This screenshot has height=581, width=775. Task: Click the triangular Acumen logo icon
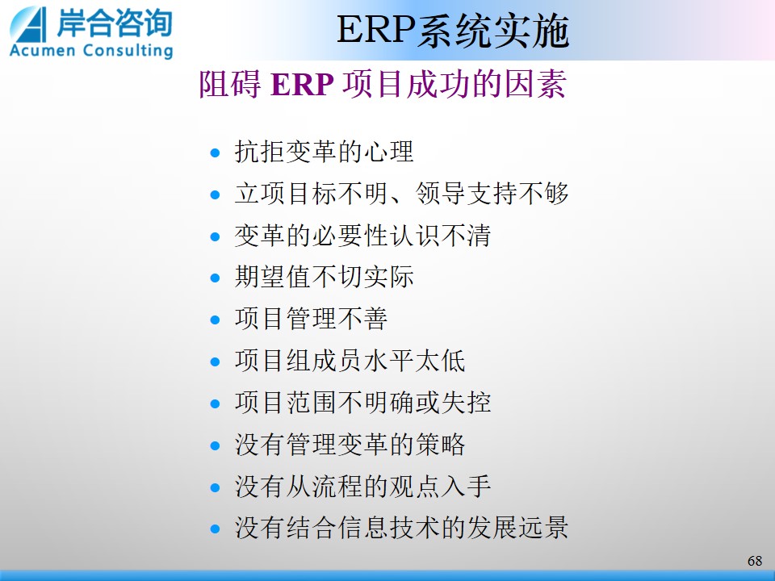click(29, 25)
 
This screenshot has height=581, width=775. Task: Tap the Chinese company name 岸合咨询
click(115, 23)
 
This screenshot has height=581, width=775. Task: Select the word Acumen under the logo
click(43, 50)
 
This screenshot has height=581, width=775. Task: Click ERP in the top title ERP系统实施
click(377, 30)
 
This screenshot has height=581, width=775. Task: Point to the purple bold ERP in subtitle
click(302, 84)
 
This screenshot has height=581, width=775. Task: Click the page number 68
click(755, 561)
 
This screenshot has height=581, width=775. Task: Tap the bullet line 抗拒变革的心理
click(324, 151)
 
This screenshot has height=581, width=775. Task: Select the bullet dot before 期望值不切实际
click(215, 278)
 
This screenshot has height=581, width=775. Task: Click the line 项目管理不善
click(311, 318)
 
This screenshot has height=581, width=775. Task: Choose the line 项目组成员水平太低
click(350, 360)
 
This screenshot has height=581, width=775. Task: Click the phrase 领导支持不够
click(492, 193)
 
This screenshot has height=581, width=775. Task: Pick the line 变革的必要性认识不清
click(362, 235)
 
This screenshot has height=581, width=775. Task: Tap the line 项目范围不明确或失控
click(362, 402)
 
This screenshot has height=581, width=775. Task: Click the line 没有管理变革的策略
click(350, 444)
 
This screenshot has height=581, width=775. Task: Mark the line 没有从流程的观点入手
click(362, 486)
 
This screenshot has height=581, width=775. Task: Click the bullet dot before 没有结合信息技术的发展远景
click(215, 529)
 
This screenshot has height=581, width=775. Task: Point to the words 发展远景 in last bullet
click(517, 528)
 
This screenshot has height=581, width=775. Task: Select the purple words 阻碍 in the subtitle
click(230, 84)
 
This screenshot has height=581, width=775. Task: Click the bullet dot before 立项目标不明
click(215, 194)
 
